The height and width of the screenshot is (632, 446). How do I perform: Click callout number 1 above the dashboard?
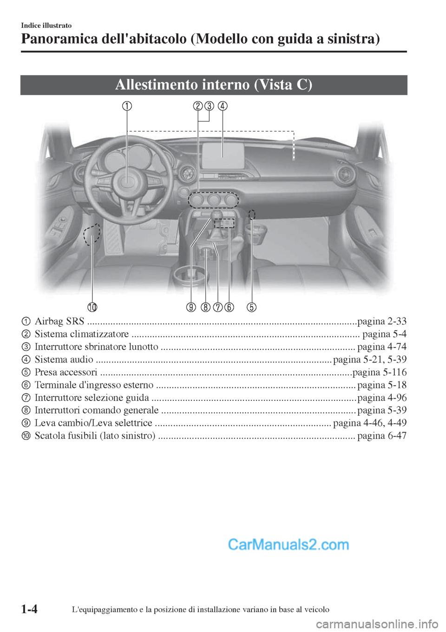[x=126, y=106]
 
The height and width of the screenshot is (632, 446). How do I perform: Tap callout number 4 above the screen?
[x=223, y=106]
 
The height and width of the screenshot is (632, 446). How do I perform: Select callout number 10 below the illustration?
[x=92, y=307]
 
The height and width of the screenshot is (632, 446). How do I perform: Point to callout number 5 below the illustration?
[x=251, y=307]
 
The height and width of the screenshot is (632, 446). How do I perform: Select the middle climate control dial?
[x=214, y=200]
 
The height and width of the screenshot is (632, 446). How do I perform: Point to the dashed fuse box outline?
[x=92, y=233]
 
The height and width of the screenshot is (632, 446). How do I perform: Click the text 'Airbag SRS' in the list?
[x=59, y=321]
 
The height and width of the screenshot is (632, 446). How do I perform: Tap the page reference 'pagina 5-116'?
[x=380, y=372]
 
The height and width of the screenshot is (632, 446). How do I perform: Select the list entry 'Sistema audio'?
[x=64, y=360]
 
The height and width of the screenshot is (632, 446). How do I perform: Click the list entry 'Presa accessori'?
[x=66, y=372]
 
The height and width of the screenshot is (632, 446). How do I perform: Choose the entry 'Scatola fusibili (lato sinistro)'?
[x=95, y=436]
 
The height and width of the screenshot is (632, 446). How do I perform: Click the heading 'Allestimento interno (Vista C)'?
[x=214, y=85]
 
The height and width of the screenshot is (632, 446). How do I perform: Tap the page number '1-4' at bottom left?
[x=29, y=609]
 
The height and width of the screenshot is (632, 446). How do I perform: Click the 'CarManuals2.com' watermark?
[x=289, y=544]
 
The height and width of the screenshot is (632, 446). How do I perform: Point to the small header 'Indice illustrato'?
[x=46, y=26]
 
